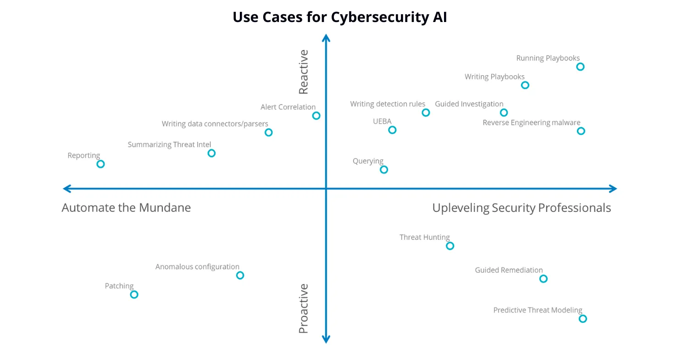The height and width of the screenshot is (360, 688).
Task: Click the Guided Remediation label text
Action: [x=509, y=270]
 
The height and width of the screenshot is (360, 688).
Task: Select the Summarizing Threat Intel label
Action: [x=169, y=144]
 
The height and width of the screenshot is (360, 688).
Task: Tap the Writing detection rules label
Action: [x=388, y=104]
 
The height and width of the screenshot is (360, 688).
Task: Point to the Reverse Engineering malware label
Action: [x=531, y=123]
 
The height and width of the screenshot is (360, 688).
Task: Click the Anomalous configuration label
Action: [x=197, y=266]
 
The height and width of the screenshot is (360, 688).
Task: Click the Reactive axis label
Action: [x=304, y=72]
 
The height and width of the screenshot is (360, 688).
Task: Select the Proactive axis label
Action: [x=304, y=308]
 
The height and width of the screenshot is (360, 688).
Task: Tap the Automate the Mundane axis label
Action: [x=126, y=208]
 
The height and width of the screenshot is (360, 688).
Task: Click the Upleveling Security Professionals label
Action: [x=522, y=208]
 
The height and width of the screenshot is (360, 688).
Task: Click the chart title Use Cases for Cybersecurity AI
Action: [x=340, y=17]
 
